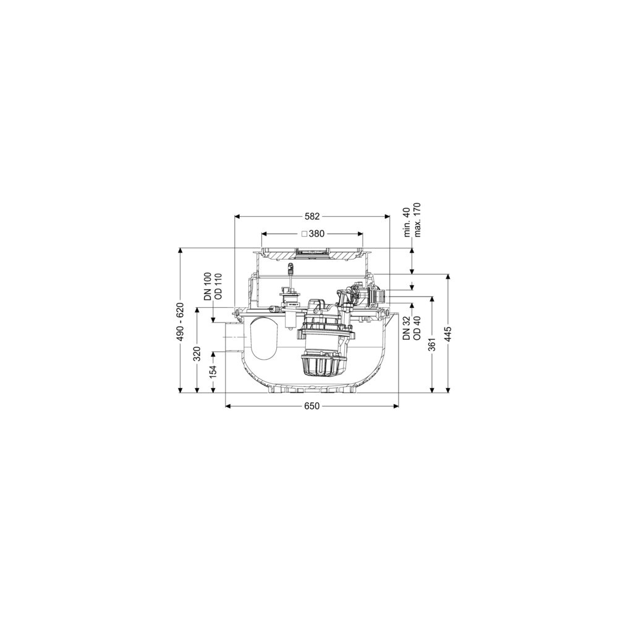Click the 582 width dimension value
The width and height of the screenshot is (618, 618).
(x=311, y=216)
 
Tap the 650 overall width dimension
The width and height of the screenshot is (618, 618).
(x=311, y=407)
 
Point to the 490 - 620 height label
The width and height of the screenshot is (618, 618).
(x=180, y=322)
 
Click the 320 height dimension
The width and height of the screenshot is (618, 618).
(x=198, y=353)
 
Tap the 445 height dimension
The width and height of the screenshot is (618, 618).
(x=448, y=334)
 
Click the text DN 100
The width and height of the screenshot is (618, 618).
(x=208, y=287)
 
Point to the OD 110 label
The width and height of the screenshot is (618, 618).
(x=218, y=287)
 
